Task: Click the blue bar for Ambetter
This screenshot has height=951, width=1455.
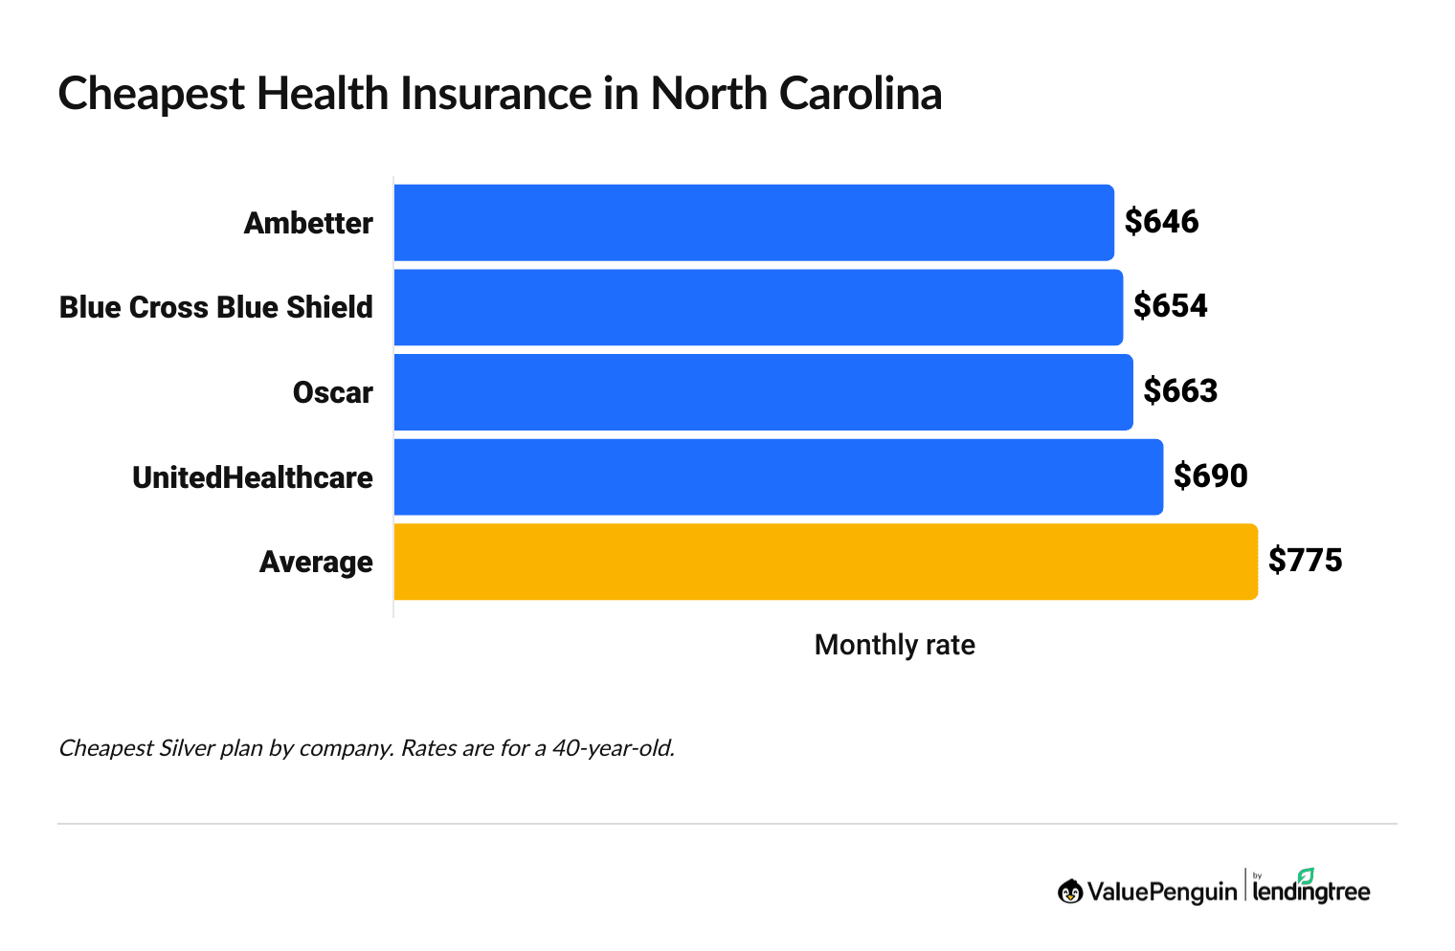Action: pyautogui.click(x=753, y=222)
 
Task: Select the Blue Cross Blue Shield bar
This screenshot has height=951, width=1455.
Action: pyautogui.click(x=758, y=307)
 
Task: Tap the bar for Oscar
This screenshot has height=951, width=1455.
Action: pyautogui.click(x=763, y=392)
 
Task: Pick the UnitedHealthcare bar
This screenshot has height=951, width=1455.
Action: pyautogui.click(x=778, y=476)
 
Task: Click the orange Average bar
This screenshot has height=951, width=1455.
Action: pyautogui.click(x=825, y=562)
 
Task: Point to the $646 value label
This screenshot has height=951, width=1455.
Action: pyautogui.click(x=1161, y=222)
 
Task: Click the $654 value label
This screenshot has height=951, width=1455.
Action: pyautogui.click(x=1170, y=306)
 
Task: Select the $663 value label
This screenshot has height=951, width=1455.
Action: pyautogui.click(x=1180, y=391)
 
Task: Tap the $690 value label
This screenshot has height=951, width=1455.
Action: pyautogui.click(x=1210, y=475)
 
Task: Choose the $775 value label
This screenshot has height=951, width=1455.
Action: pyautogui.click(x=1305, y=561)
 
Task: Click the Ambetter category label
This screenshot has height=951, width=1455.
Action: pyautogui.click(x=308, y=223)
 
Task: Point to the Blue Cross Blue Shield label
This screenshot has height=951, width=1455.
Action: pyautogui.click(x=216, y=307)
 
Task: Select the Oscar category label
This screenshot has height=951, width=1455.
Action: pyautogui.click(x=332, y=392)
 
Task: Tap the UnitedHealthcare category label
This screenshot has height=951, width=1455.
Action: pyautogui.click(x=253, y=477)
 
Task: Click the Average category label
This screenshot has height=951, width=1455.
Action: pyautogui.click(x=316, y=562)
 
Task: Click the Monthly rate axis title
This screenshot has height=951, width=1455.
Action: pyautogui.click(x=894, y=645)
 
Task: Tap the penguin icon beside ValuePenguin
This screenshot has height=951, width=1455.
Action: pyautogui.click(x=1070, y=892)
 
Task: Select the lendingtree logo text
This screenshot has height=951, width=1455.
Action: pyautogui.click(x=1311, y=891)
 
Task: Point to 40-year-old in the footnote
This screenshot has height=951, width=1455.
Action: pyautogui.click(x=613, y=748)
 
